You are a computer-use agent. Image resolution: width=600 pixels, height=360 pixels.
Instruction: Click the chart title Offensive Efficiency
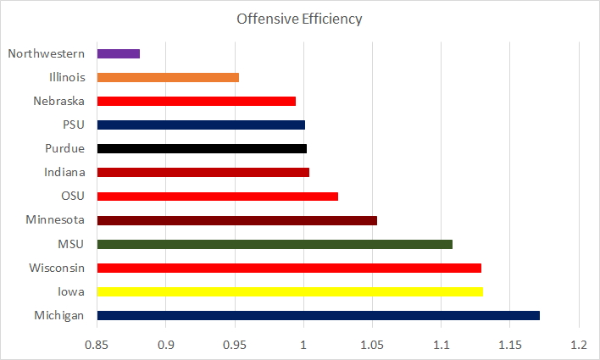pyautogui.click(x=300, y=19)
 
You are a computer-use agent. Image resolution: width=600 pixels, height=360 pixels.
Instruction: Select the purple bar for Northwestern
pyautogui.click(x=119, y=53)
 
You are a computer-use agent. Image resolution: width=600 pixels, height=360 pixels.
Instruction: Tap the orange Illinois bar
pyautogui.click(x=168, y=77)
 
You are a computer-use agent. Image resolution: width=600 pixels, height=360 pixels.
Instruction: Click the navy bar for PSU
pyautogui.click(x=201, y=125)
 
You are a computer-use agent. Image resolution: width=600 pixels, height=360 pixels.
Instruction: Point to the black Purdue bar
pyautogui.click(x=202, y=148)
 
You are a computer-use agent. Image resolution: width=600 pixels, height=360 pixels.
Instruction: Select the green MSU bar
pyautogui.click(x=275, y=244)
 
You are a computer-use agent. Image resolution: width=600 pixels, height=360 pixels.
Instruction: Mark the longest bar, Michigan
pyautogui.click(x=318, y=315)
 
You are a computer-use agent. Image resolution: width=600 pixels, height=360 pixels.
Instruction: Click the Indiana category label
pyautogui.click(x=64, y=173)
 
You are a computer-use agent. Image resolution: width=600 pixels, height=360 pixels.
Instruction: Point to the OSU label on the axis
pyautogui.click(x=71, y=197)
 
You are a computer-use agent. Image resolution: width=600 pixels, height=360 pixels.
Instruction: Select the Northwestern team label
pyautogui.click(x=46, y=53)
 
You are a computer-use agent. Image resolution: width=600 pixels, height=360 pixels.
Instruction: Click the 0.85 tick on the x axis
pyautogui.click(x=97, y=345)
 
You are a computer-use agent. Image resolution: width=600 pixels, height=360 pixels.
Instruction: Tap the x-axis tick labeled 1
pyautogui.click(x=303, y=345)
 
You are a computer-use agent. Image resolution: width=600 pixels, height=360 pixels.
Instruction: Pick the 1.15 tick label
pyautogui.click(x=509, y=345)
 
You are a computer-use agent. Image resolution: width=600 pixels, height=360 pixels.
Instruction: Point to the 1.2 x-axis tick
pyautogui.click(x=578, y=345)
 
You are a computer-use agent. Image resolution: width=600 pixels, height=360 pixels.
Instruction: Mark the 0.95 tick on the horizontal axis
pyautogui.click(x=235, y=345)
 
